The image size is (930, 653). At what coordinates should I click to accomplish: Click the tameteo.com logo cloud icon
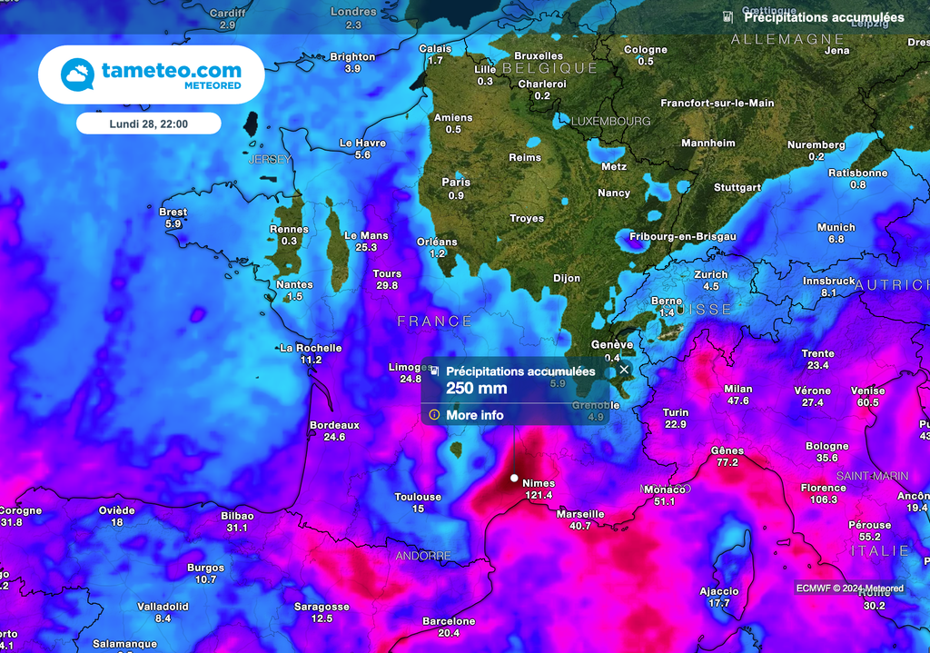click(x=77, y=74)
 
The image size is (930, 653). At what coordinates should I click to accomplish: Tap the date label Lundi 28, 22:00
click(x=148, y=124)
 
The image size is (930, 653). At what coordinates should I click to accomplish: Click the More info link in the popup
click(x=474, y=415)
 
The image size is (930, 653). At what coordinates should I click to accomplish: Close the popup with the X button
click(x=624, y=370)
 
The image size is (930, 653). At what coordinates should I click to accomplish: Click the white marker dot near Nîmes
click(x=514, y=478)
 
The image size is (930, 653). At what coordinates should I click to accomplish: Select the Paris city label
click(x=456, y=183)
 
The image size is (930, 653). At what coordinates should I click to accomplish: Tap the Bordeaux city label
click(x=334, y=425)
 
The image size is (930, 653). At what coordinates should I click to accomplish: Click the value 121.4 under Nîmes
click(x=539, y=495)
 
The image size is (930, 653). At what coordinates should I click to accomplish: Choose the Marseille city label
click(x=580, y=514)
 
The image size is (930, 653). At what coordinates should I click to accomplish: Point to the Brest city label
click(x=173, y=212)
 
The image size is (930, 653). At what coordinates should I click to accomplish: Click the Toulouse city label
click(x=418, y=497)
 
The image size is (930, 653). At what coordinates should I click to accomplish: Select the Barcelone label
click(x=449, y=621)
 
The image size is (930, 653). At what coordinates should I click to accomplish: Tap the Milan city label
click(x=738, y=389)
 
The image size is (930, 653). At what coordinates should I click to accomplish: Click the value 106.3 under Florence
click(x=823, y=500)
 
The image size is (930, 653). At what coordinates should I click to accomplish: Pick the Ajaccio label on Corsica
click(x=719, y=591)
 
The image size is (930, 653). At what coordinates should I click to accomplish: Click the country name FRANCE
click(x=435, y=322)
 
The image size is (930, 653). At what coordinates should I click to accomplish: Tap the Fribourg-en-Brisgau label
click(x=682, y=236)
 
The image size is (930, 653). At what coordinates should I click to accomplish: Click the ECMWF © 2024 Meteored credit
click(x=849, y=589)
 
